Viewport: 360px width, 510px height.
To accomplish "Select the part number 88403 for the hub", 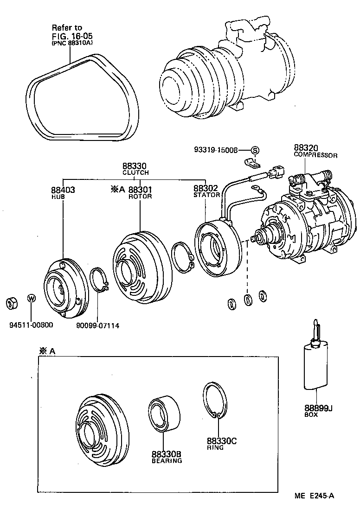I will pyautogui.click(x=63, y=190).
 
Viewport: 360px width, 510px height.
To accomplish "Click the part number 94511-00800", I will pyautogui.click(x=31, y=325).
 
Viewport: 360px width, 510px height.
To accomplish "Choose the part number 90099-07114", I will pyautogui.click(x=98, y=325).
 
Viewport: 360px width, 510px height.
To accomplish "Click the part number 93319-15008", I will pyautogui.click(x=216, y=150).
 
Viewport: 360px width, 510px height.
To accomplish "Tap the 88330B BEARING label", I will pyautogui.click(x=167, y=457).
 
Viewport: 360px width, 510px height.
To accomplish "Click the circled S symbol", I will pyautogui.click(x=255, y=150).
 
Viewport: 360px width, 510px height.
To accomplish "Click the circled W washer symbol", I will pyautogui.click(x=31, y=299).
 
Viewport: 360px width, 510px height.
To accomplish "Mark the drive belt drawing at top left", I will pyautogui.click(x=84, y=97).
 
